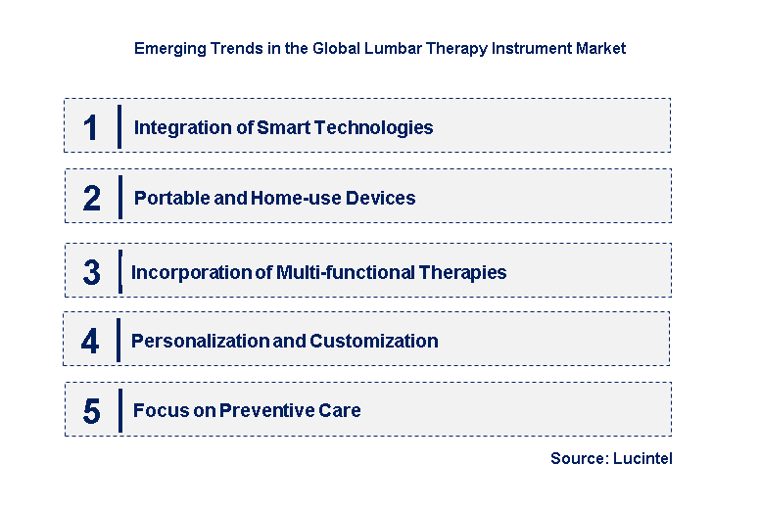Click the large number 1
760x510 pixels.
[x=91, y=127]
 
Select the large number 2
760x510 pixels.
[x=92, y=199]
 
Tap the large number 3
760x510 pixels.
[x=91, y=273]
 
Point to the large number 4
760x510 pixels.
[x=90, y=342]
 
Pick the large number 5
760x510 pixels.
[x=91, y=411]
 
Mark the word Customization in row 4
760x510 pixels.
[x=374, y=341]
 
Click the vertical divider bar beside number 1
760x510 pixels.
[x=119, y=127]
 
